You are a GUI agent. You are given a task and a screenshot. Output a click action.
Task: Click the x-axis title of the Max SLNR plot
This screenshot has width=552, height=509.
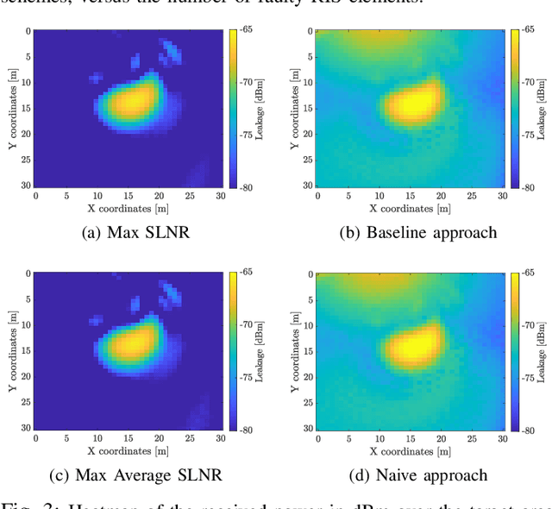(x=128, y=209)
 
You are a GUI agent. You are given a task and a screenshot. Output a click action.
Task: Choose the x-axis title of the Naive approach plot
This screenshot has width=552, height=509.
(x=411, y=451)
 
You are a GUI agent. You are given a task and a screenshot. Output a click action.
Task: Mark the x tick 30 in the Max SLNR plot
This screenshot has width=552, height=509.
(x=221, y=196)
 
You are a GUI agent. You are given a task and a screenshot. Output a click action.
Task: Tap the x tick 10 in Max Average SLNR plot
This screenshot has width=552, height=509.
(x=97, y=439)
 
